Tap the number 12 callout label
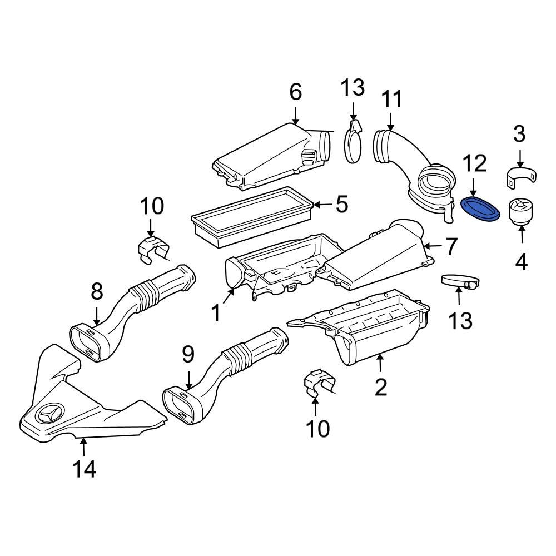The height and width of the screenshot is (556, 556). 474,163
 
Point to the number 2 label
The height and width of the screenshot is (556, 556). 380,386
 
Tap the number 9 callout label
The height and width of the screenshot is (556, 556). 188,353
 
